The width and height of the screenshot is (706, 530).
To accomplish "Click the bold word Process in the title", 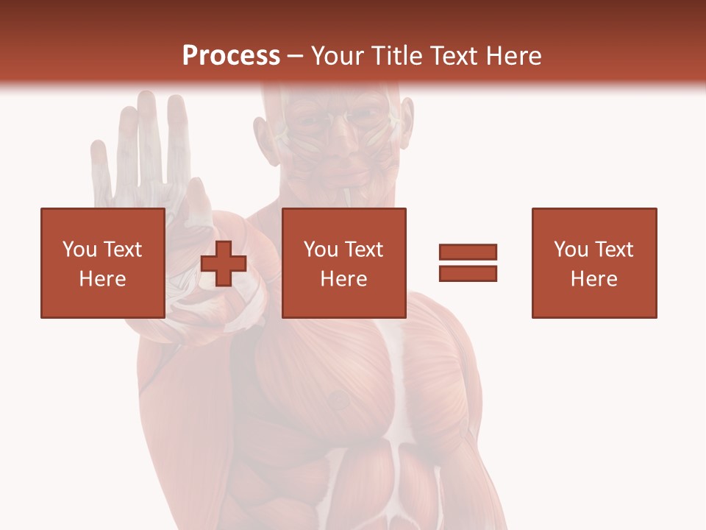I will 231,56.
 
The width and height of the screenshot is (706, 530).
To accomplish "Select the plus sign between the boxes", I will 224,264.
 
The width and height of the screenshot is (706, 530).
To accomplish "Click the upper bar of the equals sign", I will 468,252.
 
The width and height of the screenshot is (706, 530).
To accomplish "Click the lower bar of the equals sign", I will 468,273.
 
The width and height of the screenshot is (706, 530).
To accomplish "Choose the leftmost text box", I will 102,263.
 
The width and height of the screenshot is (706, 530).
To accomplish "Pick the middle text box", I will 343,263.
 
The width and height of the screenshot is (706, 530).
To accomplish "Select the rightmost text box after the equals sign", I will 593,263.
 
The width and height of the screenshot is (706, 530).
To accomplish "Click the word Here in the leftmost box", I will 102,279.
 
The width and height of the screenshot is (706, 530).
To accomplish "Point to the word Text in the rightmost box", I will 614,250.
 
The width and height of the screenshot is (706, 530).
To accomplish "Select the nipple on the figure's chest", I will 338,400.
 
